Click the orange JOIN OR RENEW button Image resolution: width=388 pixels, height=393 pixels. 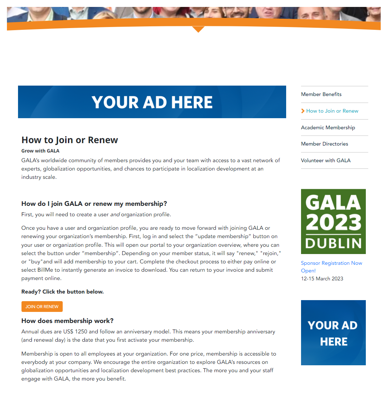pyautogui.click(x=42, y=307)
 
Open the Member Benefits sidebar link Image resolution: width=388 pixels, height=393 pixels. pyautogui.click(x=321, y=94)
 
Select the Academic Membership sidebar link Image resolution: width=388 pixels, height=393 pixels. pyautogui.click(x=328, y=128)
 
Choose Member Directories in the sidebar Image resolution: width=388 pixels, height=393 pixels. pyautogui.click(x=324, y=144)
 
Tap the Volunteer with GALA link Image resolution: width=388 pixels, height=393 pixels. pyautogui.click(x=326, y=160)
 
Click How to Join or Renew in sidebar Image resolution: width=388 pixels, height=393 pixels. pyautogui.click(x=332, y=111)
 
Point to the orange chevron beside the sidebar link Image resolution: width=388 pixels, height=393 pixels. pyautogui.click(x=303, y=111)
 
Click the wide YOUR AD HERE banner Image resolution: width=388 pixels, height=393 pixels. pyautogui.click(x=152, y=102)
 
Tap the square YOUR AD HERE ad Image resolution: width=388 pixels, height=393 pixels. pyautogui.click(x=333, y=333)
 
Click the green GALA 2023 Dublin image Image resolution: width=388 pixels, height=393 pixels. pyautogui.click(x=333, y=221)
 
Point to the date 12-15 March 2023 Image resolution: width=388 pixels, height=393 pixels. pyautogui.click(x=322, y=279)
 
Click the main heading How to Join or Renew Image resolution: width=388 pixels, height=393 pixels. pyautogui.click(x=70, y=140)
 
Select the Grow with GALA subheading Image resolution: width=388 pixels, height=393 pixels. pyautogui.click(x=40, y=151)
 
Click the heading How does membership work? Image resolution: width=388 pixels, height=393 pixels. pyautogui.click(x=67, y=321)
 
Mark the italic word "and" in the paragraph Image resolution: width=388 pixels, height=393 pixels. pyautogui.click(x=115, y=215)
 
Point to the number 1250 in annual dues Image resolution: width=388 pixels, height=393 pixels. pyautogui.click(x=81, y=332)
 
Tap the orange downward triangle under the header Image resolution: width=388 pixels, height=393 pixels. pyautogui.click(x=198, y=29)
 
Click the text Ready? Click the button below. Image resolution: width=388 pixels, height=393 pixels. pyautogui.click(x=62, y=292)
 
